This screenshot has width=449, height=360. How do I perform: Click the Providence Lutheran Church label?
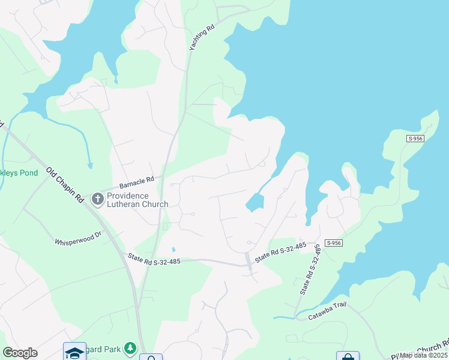click(x=137, y=200)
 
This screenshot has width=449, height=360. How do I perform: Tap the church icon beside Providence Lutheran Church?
click(x=97, y=198)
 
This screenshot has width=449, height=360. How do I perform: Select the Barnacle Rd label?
click(x=137, y=179)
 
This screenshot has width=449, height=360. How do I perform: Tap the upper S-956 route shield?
click(x=415, y=139)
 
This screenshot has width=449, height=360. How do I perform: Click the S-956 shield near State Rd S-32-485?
click(x=334, y=242)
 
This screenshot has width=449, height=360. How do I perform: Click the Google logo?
click(x=20, y=353)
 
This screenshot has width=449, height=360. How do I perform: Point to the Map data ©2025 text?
click(x=423, y=355)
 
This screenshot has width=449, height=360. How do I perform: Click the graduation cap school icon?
click(x=75, y=352)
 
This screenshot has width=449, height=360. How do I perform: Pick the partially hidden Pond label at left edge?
click(x=19, y=173)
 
